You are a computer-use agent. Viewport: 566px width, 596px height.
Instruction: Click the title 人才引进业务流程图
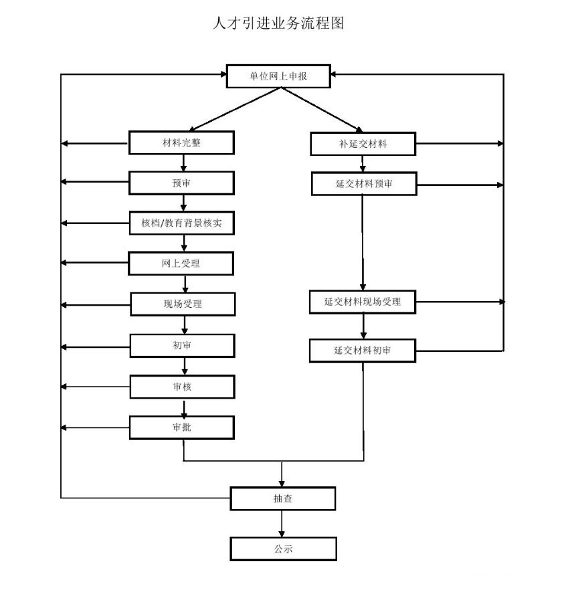[x=278, y=23]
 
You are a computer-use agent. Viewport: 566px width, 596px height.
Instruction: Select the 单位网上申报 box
[x=278, y=76]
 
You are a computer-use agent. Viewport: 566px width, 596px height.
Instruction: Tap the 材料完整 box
[x=181, y=142]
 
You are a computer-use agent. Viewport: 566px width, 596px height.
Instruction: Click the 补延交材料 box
[x=363, y=144]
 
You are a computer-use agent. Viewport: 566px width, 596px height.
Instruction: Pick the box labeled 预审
[x=181, y=183]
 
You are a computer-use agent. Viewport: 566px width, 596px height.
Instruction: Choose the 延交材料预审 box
[x=364, y=184]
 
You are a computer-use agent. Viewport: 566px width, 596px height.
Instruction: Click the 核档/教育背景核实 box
[x=182, y=223]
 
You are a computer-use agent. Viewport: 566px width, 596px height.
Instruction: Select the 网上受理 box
[x=181, y=264]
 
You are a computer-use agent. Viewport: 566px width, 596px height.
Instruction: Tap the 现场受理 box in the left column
[x=183, y=304]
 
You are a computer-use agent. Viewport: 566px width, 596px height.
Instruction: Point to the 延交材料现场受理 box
[x=363, y=302]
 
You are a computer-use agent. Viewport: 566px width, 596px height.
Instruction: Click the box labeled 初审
[x=183, y=346]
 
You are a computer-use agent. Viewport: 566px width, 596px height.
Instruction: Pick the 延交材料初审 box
[x=363, y=351]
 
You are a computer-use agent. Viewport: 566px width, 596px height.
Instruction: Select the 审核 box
[x=183, y=387]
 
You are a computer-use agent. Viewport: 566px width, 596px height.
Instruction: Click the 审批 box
[x=182, y=427]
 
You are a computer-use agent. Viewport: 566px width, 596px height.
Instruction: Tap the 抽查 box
[x=283, y=498]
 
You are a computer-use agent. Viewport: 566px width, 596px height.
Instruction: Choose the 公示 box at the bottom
[x=283, y=549]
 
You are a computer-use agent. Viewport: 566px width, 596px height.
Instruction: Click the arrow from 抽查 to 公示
[x=282, y=524]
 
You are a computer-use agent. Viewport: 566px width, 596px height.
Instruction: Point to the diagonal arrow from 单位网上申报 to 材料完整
[x=235, y=110]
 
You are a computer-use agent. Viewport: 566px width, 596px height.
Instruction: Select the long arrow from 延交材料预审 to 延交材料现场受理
[x=363, y=243]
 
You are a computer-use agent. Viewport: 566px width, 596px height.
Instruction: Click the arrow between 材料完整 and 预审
[x=183, y=163]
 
